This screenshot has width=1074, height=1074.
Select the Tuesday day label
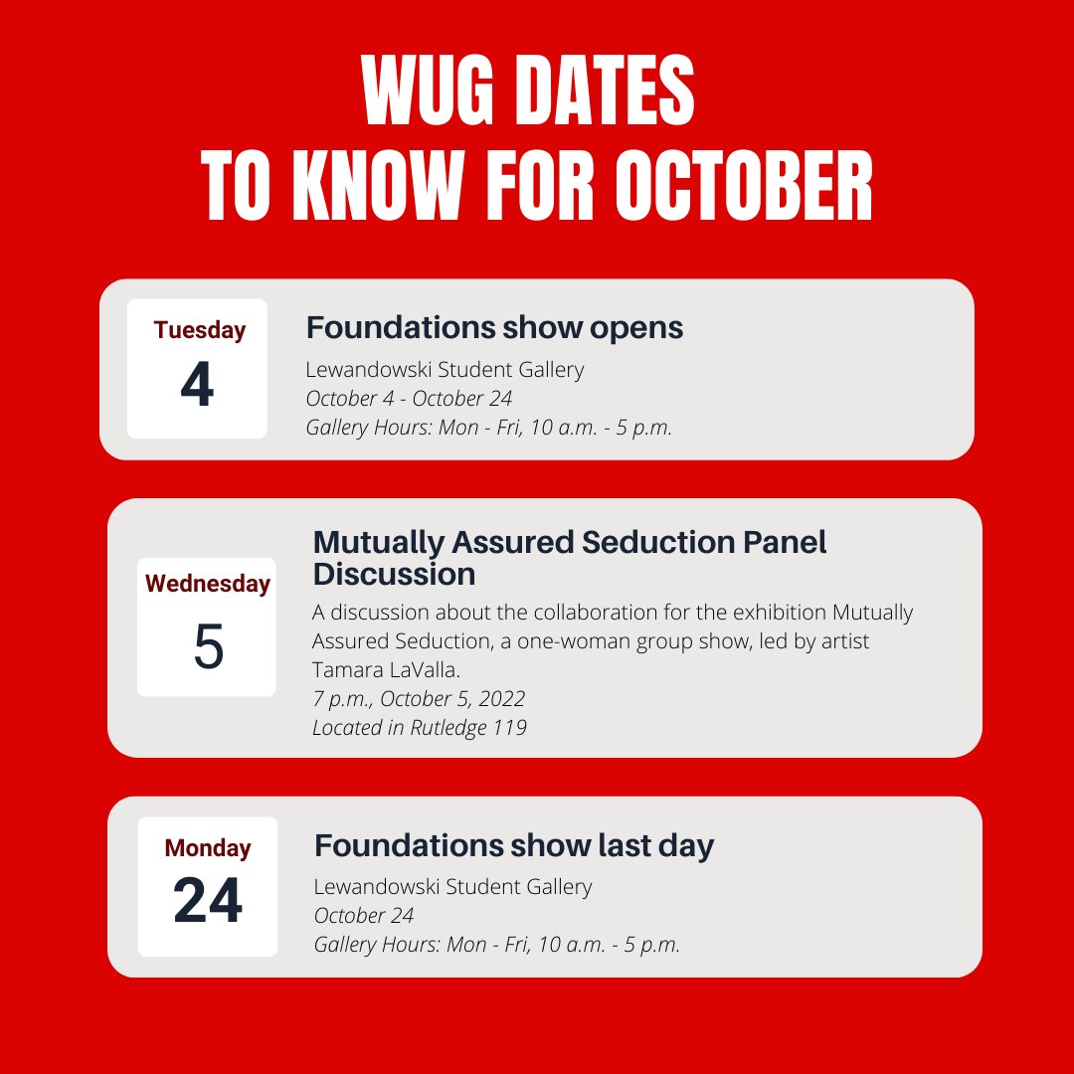199,330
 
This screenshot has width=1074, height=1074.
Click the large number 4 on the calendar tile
197,386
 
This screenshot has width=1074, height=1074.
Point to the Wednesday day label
208,584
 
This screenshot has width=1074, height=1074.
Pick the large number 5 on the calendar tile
208,646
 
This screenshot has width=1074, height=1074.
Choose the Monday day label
208,848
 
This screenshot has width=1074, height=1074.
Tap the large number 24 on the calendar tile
208,902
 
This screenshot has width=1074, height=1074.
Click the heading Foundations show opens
494,327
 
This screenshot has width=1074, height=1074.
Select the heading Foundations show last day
514,845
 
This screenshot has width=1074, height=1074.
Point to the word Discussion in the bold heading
394,574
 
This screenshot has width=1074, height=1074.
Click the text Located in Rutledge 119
419,727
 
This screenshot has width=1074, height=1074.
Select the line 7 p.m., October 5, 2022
419,698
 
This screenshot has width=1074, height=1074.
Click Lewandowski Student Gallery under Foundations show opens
445,370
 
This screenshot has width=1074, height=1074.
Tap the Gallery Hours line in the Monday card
496,945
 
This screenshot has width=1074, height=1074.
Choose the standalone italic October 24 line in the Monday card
364,915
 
